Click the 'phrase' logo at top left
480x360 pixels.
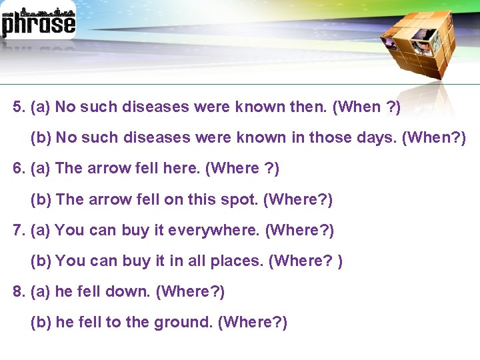point(38,22)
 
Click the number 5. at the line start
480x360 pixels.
point(19,107)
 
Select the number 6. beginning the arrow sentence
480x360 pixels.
point(19,169)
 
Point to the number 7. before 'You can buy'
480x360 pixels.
point(19,231)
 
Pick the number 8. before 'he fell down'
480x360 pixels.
point(19,292)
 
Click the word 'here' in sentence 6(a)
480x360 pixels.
point(183,169)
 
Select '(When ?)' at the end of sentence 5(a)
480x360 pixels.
point(367,107)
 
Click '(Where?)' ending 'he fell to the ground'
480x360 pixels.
point(253,323)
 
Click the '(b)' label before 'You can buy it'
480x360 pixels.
point(41,261)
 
